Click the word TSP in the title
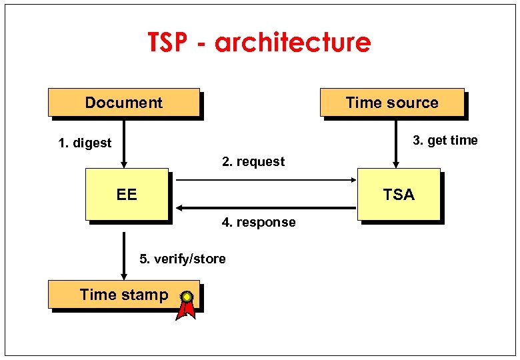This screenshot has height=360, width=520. click(x=171, y=43)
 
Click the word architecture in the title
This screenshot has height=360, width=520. click(x=293, y=43)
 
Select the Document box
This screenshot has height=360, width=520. click(x=123, y=103)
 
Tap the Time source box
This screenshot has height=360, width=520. click(x=391, y=103)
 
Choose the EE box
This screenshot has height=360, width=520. click(x=127, y=194)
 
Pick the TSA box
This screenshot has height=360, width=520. click(x=399, y=194)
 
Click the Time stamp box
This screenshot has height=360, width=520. click(x=123, y=295)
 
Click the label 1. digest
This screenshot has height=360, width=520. click(x=85, y=143)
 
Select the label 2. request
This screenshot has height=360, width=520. click(x=253, y=161)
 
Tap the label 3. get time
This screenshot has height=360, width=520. click(x=445, y=140)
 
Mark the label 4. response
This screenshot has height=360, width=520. click(x=259, y=222)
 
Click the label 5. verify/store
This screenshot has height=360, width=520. click(x=182, y=259)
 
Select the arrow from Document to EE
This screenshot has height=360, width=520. click(x=123, y=143)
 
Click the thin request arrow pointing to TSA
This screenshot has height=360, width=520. click(x=267, y=180)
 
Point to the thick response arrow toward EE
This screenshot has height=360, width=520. click(x=267, y=208)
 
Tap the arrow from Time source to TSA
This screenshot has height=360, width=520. click(x=395, y=143)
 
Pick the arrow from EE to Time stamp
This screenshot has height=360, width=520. click(x=123, y=257)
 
